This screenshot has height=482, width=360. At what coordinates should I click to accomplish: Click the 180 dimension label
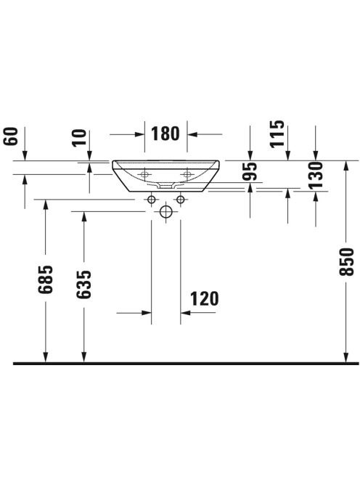(165, 134)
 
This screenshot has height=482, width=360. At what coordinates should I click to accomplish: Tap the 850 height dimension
(346, 261)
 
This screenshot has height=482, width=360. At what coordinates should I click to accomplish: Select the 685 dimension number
(46, 279)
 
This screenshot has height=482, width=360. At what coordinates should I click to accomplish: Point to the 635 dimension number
(84, 284)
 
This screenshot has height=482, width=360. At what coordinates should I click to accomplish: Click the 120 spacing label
(205, 299)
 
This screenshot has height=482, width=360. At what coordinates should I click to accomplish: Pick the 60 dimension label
(11, 136)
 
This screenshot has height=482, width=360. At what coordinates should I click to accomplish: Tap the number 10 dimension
(80, 138)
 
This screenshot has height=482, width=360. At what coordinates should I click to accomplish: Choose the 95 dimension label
(250, 171)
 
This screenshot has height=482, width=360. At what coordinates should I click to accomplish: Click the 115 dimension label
(277, 134)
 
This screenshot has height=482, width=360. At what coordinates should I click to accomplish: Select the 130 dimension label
(316, 175)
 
